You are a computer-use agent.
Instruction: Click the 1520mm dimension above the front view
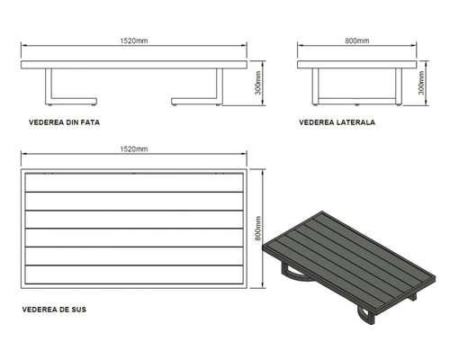pos(134,40)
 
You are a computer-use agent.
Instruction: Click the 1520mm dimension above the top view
pos(134,149)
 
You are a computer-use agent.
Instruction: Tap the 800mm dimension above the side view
pos(357,40)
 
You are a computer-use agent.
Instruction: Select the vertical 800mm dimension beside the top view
pos(258,229)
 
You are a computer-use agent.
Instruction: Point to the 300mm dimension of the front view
pos(258,83)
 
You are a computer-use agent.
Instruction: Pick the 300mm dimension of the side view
pos(421,83)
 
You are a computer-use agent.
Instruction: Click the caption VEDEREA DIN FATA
pos(64,122)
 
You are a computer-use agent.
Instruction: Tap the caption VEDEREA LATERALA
pos(337,122)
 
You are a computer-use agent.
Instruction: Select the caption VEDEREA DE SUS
pos(54,310)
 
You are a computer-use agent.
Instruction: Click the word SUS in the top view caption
pos(78,310)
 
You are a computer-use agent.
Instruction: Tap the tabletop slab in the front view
pos(134,65)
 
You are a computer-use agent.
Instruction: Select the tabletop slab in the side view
pos(357,65)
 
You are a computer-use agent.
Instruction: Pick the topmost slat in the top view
pos(134,183)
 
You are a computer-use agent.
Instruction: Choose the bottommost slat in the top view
pos(134,274)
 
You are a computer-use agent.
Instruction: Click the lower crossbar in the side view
pos(357,101)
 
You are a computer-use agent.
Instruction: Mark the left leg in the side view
pos(315,86)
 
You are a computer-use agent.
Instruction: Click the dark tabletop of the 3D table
pos(349,260)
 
